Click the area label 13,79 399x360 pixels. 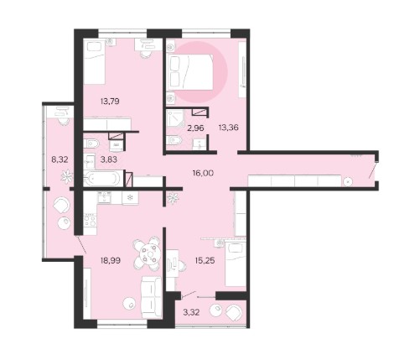point(110,101)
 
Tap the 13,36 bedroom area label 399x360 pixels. point(229,128)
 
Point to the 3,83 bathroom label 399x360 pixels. point(107,159)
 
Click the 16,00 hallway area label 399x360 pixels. point(203,173)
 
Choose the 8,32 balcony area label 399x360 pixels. point(60,159)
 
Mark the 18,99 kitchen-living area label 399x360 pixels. point(111,260)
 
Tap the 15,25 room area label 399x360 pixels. point(205,260)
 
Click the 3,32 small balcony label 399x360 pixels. point(191,312)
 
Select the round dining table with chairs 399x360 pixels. point(148,254)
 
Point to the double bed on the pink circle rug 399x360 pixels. point(189,72)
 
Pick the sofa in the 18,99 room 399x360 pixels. point(151,297)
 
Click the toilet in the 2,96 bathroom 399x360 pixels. point(174,140)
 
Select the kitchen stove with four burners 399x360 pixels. point(90,220)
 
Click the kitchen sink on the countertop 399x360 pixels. point(105,198)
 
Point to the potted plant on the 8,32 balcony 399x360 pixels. point(67,176)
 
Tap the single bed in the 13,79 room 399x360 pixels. point(94,62)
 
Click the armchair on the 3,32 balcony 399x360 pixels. point(234,311)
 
